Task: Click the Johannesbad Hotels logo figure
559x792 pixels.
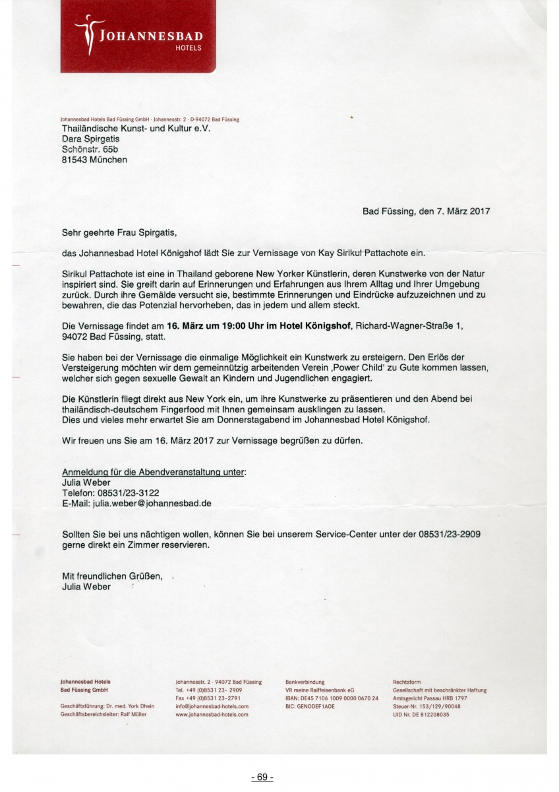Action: pyautogui.click(x=86, y=35)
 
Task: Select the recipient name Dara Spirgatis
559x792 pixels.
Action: pyautogui.click(x=90, y=139)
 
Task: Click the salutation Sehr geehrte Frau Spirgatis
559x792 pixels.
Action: pyautogui.click(x=119, y=232)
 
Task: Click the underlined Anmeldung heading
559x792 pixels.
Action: pyautogui.click(x=153, y=473)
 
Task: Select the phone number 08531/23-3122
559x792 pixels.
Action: pyautogui.click(x=129, y=493)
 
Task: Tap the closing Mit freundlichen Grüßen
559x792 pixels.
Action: pyautogui.click(x=111, y=576)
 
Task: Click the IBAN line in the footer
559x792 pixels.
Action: pyautogui.click(x=332, y=698)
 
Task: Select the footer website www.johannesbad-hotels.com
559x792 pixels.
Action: pyautogui.click(x=212, y=714)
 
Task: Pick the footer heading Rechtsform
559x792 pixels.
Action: pyautogui.click(x=407, y=682)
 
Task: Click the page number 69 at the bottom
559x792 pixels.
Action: pyautogui.click(x=262, y=777)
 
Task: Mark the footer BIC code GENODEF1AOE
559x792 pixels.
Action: pyautogui.click(x=310, y=706)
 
